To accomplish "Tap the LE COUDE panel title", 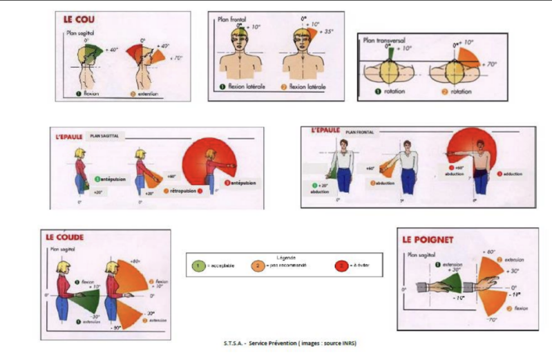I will click(x=65, y=237).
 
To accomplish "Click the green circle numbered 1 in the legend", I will click(x=198, y=265).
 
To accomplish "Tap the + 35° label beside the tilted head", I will click(x=325, y=32).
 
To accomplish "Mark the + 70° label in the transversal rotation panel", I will click(x=491, y=64).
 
